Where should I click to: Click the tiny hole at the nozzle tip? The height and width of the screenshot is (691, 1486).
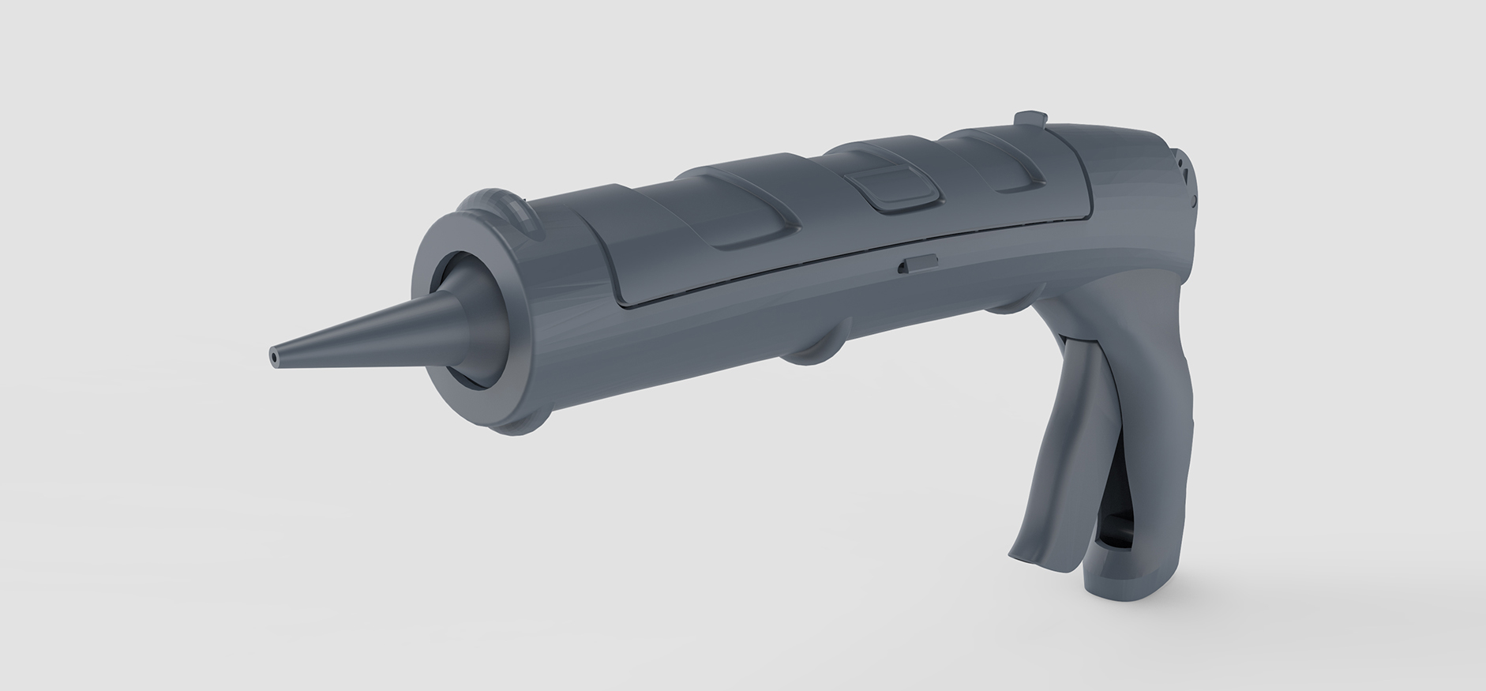pyautogui.click(x=274, y=357)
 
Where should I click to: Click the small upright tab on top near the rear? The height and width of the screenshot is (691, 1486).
pyautogui.click(x=1028, y=118)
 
